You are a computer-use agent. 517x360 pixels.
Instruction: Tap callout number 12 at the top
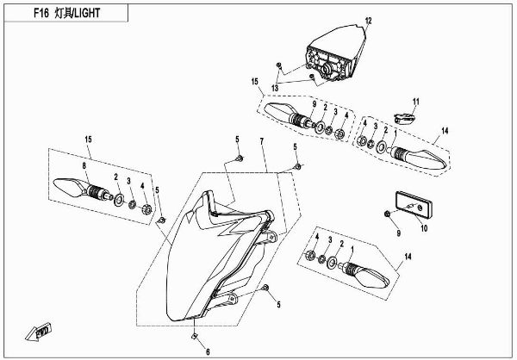click(x=367, y=21)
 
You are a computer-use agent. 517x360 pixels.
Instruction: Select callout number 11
click(x=414, y=102)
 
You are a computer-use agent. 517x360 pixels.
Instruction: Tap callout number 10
click(x=423, y=228)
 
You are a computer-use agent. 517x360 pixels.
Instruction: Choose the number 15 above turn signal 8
click(x=88, y=140)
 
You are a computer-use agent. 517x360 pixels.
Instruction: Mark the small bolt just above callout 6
click(x=196, y=334)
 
